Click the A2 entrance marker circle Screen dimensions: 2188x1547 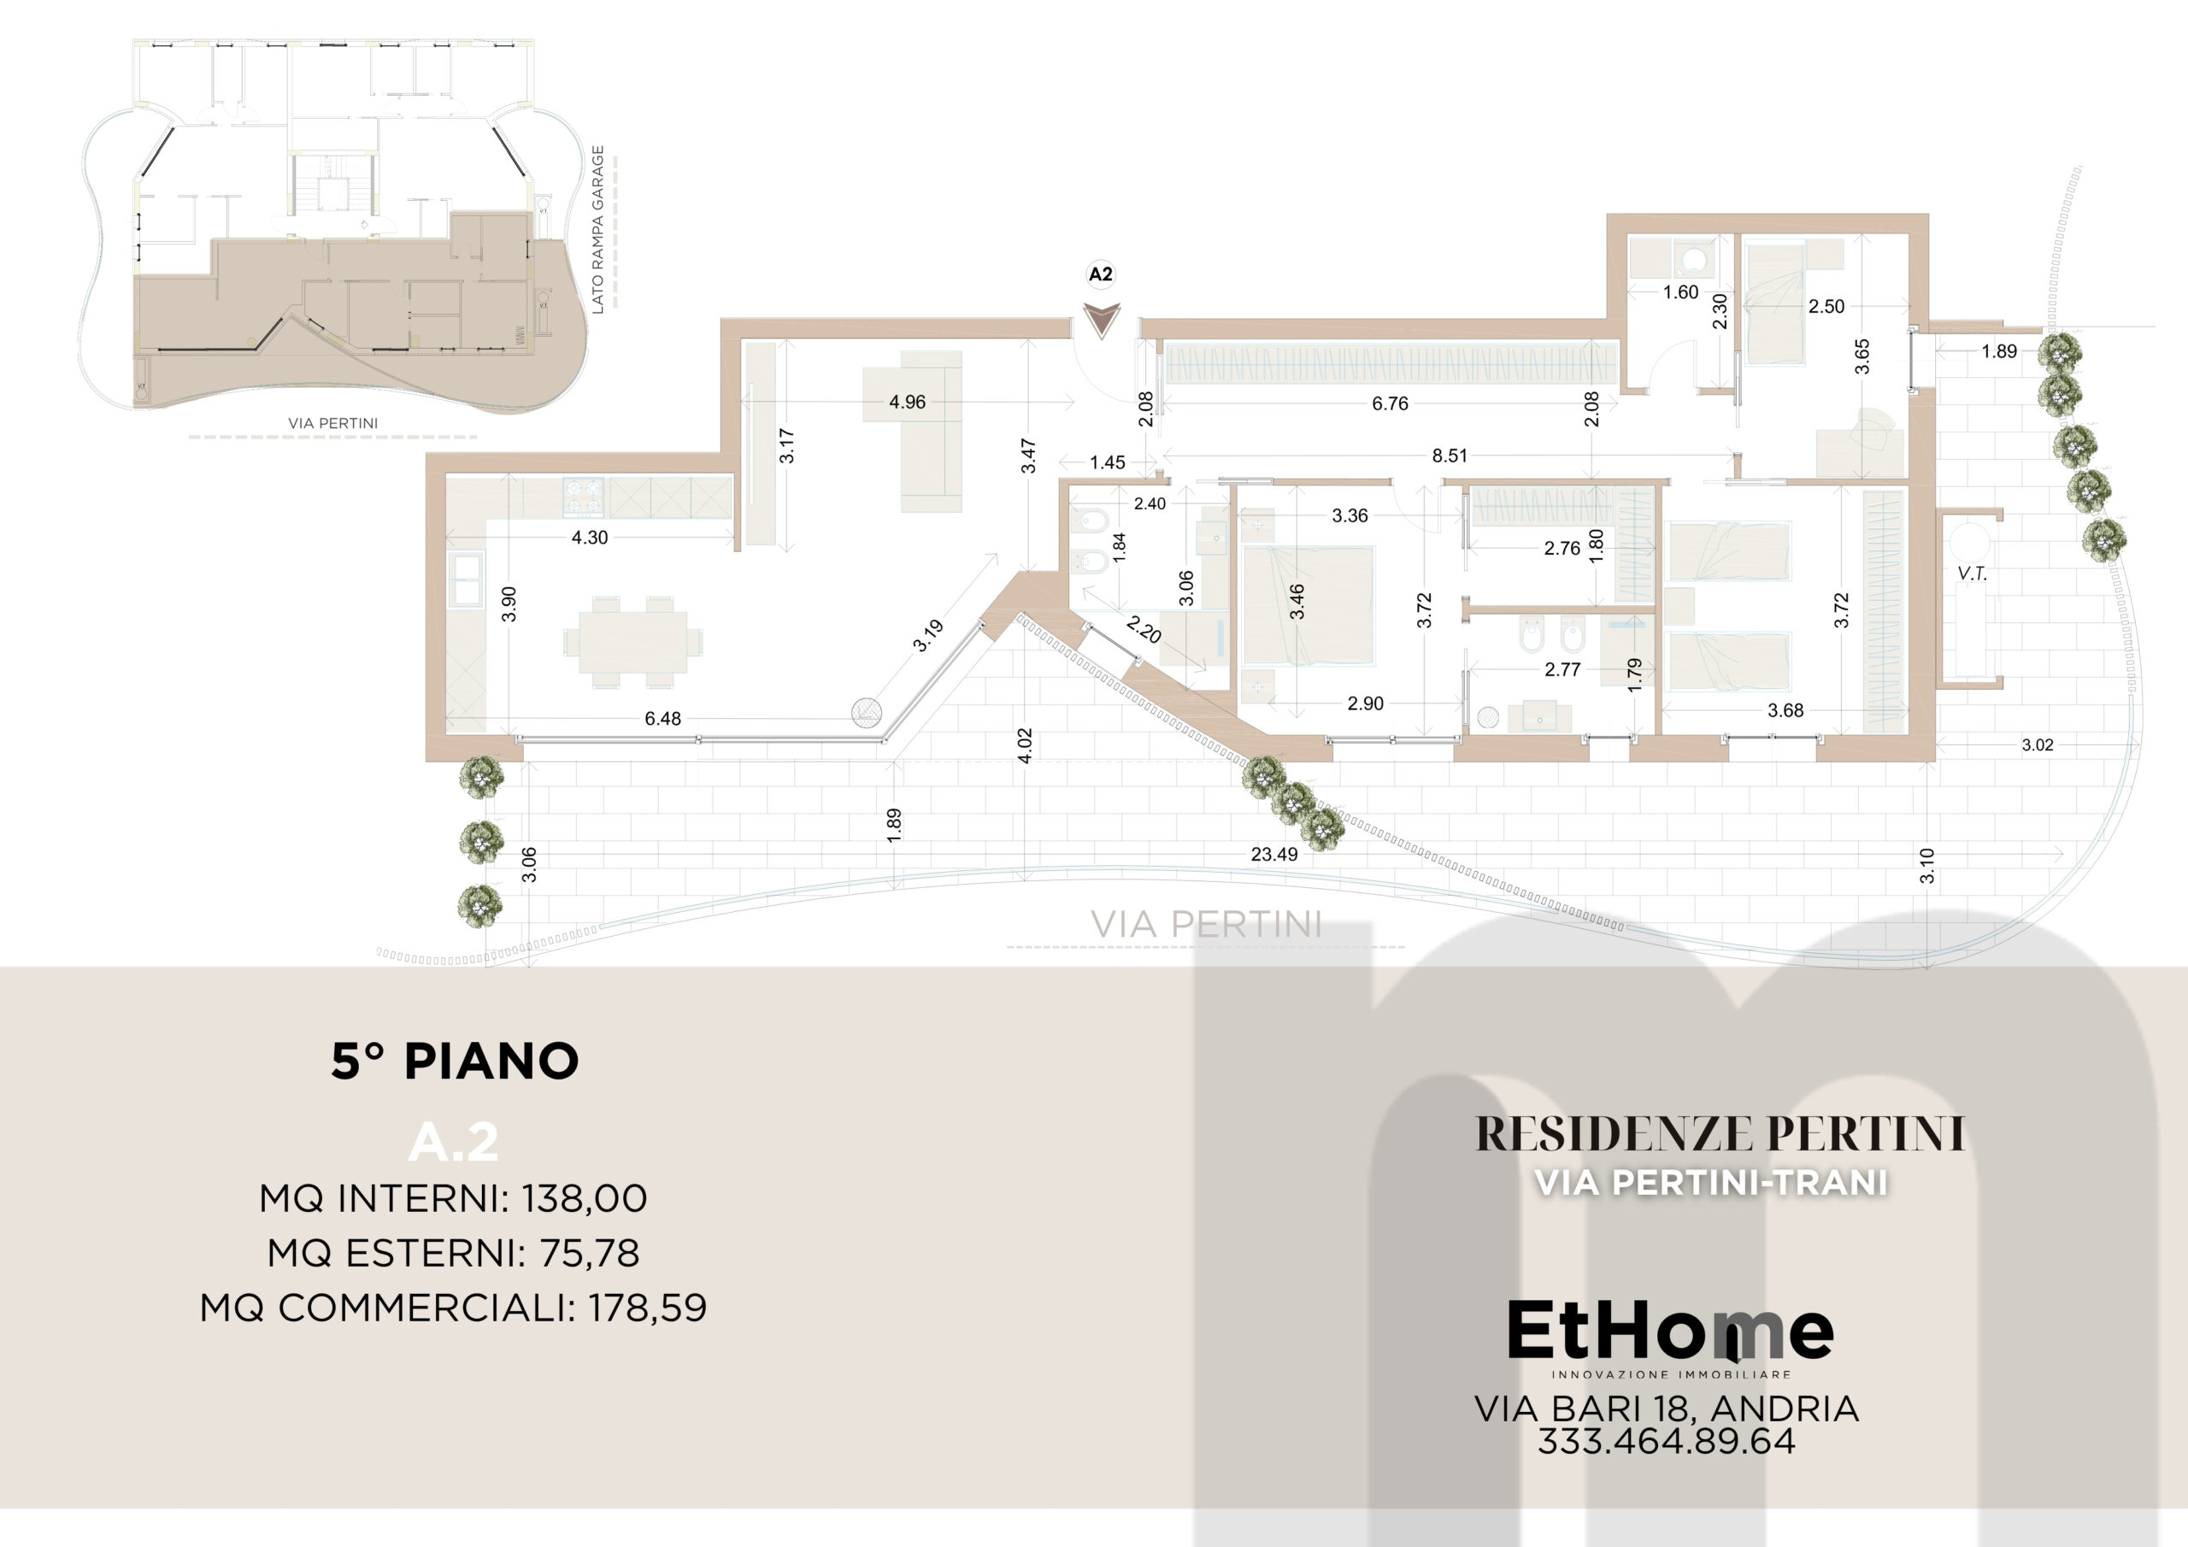pyautogui.click(x=1101, y=274)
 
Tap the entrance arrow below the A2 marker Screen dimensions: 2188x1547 pyautogui.click(x=1102, y=321)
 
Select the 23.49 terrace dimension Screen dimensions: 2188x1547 pyautogui.click(x=1274, y=854)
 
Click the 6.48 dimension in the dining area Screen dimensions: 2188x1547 pyautogui.click(x=662, y=719)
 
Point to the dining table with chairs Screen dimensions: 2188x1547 pyautogui.click(x=632, y=642)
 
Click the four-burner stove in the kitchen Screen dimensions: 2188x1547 pyautogui.click(x=583, y=497)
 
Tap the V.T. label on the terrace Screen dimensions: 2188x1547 pyautogui.click(x=1972, y=574)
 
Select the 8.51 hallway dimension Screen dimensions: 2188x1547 pyautogui.click(x=1450, y=456)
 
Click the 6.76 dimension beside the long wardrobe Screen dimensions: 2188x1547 pyautogui.click(x=1390, y=403)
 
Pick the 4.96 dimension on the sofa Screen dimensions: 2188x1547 pyautogui.click(x=907, y=403)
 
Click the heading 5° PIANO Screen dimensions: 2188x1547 pyautogui.click(x=455, y=1061)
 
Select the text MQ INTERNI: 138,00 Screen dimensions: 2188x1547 pyautogui.click(x=454, y=1198)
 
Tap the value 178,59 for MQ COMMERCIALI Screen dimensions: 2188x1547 pyautogui.click(x=648, y=1308)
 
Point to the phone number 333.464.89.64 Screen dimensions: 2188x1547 pyautogui.click(x=1666, y=1441)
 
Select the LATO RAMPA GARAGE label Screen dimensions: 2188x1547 pyautogui.click(x=598, y=230)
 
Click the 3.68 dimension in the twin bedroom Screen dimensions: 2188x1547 pyautogui.click(x=1785, y=710)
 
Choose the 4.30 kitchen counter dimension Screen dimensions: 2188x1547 pyautogui.click(x=589, y=538)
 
